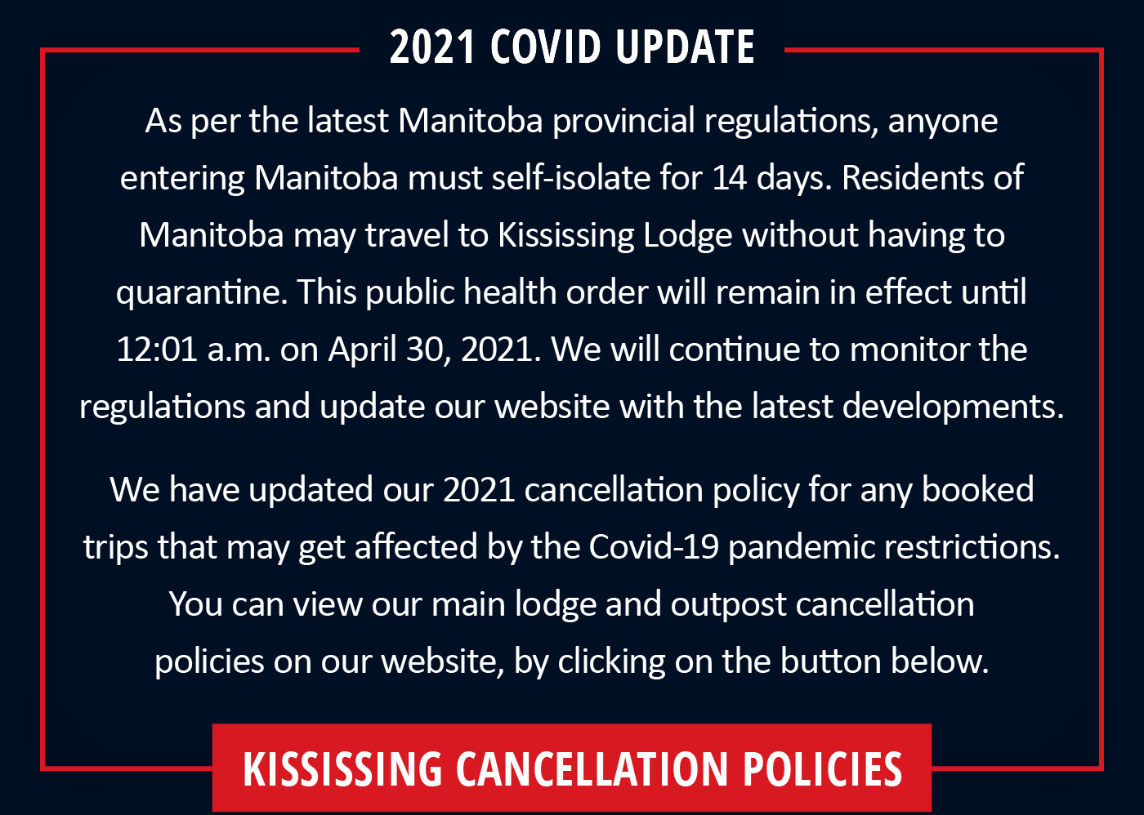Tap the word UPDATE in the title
pyautogui.click(x=685, y=47)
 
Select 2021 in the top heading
pyautogui.click(x=432, y=47)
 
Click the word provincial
pyautogui.click(x=623, y=122)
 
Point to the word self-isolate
pyautogui.click(x=570, y=178)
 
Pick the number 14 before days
pyautogui.click(x=729, y=179)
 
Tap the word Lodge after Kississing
pyautogui.click(x=687, y=236)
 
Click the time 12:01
pyautogui.click(x=157, y=350)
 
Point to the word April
pyautogui.click(x=362, y=350)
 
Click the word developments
pyautogui.click(x=953, y=407)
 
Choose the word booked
pyautogui.click(x=977, y=490)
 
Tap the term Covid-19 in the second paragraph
pyautogui.click(x=654, y=547)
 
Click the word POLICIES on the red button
pyautogui.click(x=822, y=768)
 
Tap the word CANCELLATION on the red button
pyautogui.click(x=592, y=768)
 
